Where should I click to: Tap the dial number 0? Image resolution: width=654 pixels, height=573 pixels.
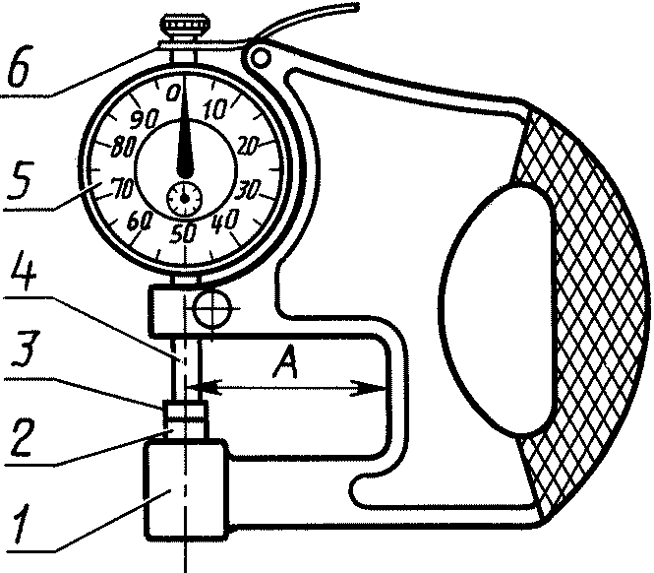coord(175,93)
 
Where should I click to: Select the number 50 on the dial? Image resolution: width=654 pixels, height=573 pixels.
coord(182,233)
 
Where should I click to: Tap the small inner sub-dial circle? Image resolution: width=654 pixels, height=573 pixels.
coord(183,198)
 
